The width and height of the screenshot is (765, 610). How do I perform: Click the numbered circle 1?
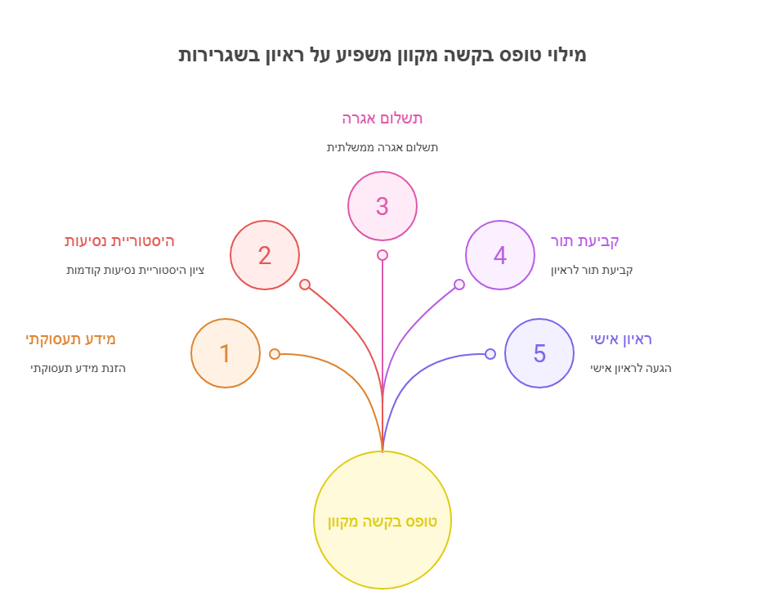[x=226, y=353]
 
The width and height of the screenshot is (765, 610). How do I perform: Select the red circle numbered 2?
[x=265, y=255]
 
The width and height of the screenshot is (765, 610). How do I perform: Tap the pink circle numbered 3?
[x=382, y=206]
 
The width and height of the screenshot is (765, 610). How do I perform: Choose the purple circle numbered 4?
[x=500, y=255]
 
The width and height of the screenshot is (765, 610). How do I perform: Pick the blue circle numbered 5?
[x=539, y=353]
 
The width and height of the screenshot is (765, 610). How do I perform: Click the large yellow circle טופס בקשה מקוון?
[x=382, y=520]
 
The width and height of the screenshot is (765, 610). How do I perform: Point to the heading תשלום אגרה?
[x=382, y=119]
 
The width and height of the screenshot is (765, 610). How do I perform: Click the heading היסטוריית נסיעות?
[x=119, y=241]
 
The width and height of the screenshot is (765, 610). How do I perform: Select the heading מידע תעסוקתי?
[x=71, y=339]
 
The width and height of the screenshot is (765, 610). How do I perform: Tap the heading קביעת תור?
[x=585, y=241]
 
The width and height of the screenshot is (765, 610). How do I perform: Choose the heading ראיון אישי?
[x=621, y=339]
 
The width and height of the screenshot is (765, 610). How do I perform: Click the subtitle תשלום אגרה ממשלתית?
[x=382, y=148]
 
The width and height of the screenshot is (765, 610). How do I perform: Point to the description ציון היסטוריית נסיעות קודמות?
[x=136, y=271]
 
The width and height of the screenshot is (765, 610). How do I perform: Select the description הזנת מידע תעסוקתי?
[x=78, y=369]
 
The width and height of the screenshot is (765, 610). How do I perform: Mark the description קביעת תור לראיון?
[x=592, y=271]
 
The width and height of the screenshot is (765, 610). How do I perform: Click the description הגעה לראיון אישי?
[x=631, y=369]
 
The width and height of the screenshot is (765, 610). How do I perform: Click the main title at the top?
[x=382, y=55]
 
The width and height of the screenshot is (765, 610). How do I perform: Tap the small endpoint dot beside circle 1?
[x=275, y=354]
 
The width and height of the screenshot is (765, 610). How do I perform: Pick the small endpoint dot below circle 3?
[x=382, y=255]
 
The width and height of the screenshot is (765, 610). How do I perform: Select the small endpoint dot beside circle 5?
[x=490, y=354]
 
